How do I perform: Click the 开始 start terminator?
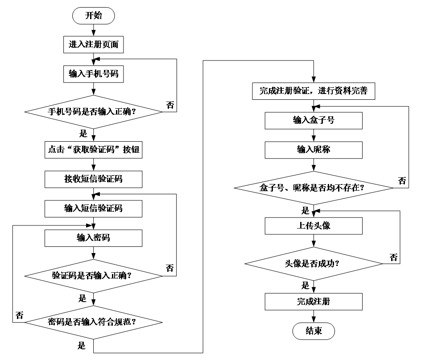pos(93,16)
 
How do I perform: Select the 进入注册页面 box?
pos(93,45)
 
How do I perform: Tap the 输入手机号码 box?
pos(93,74)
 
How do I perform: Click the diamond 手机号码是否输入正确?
pos(93,112)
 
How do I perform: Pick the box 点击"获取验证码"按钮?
pos(93,150)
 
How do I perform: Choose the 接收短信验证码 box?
pos(93,179)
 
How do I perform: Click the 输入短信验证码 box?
pos(93,209)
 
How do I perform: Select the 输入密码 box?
pos(93,238)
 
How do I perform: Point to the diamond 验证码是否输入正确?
pos(93,276)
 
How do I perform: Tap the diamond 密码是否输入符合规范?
pos(93,322)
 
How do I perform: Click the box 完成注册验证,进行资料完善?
pos(313,91)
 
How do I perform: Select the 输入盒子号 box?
pos(313,120)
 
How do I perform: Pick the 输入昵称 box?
pos(313,150)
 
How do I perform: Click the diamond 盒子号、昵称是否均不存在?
pos(313,188)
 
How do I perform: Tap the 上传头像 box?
pos(313,226)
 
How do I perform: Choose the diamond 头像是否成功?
pos(313,264)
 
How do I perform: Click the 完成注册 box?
pos(313,302)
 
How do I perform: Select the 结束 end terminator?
pos(313,331)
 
